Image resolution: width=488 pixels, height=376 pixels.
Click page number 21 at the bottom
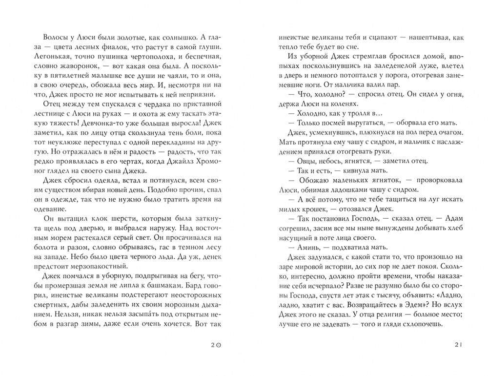point(457,344)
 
